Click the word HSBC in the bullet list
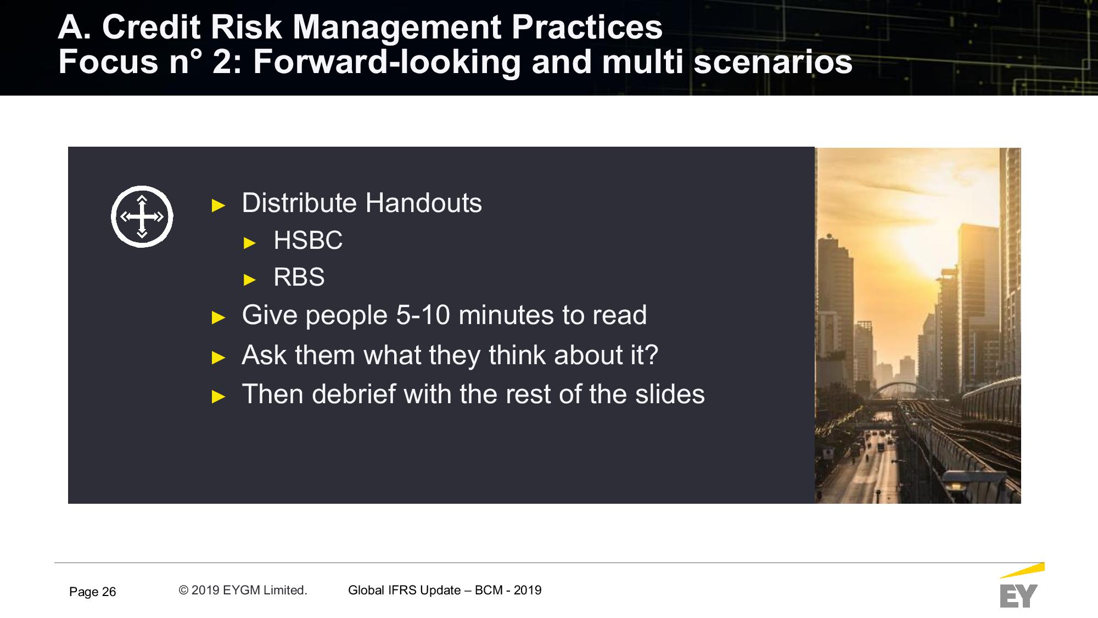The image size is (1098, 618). pos(308,240)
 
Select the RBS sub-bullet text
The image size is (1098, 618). pos(299,277)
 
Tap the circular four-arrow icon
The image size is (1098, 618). pos(142,216)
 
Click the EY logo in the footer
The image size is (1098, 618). pos(1020,586)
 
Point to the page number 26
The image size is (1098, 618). pos(109,592)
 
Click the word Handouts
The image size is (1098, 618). pos(423,203)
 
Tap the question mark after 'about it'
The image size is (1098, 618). pos(652,355)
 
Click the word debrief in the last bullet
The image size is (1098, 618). pos(354,394)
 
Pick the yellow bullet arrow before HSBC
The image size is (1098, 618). pos(250,243)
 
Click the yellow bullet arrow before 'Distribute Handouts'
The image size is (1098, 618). pos(219,206)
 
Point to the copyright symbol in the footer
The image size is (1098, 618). pos(183,590)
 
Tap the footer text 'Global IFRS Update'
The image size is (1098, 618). pos(404,590)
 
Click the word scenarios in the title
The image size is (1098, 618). pos(773,62)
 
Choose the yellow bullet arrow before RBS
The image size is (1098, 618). pos(250,280)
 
